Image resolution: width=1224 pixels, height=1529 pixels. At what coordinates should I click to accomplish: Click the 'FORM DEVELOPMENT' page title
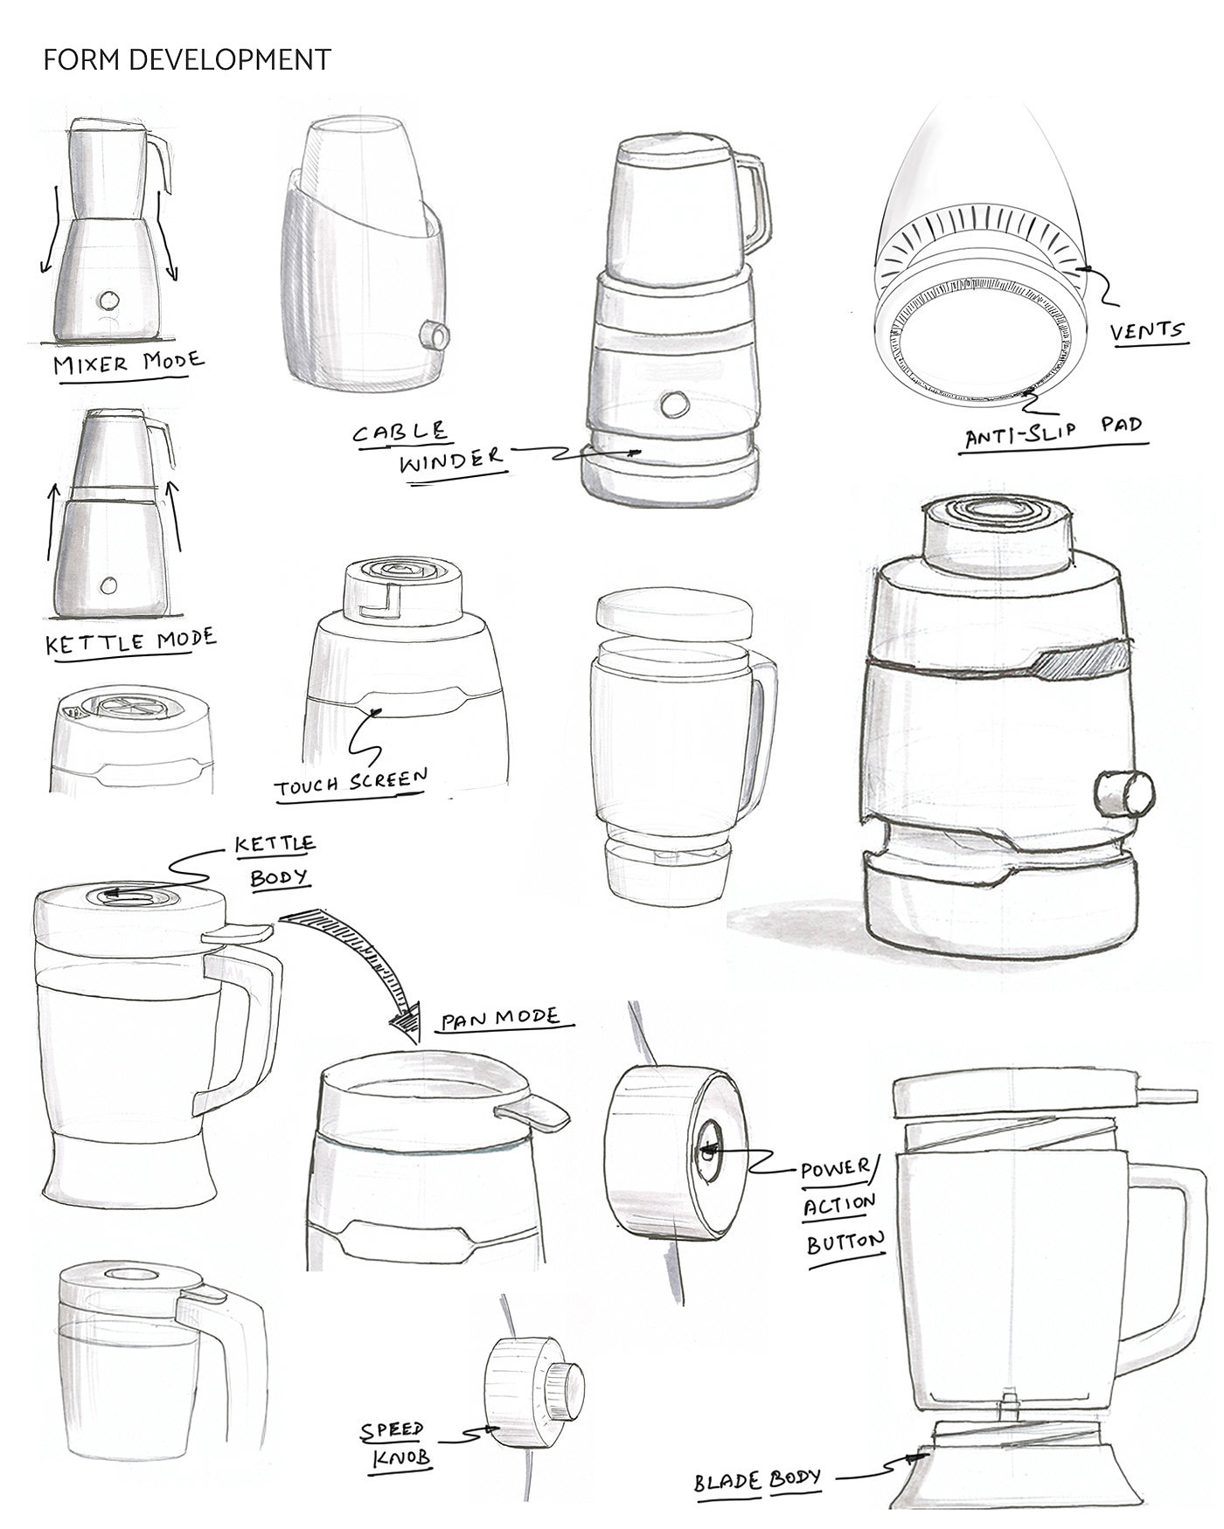[187, 59]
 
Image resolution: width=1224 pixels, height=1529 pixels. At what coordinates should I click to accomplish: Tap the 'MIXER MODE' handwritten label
[129, 361]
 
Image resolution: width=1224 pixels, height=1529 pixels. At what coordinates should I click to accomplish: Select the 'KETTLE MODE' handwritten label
[130, 640]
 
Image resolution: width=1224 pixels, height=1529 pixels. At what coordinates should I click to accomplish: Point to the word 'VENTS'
[1147, 331]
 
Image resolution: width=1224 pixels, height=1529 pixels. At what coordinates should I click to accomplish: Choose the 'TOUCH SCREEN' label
[351, 782]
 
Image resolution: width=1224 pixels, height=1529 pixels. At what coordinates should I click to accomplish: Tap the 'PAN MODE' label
[499, 1018]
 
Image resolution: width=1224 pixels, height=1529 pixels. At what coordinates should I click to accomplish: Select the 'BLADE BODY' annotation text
[758, 1479]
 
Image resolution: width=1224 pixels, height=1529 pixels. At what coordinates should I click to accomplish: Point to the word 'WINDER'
[451, 459]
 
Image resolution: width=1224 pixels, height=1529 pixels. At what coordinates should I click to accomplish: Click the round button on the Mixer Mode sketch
[110, 300]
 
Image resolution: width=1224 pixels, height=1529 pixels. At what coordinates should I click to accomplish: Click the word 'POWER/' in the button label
[837, 1169]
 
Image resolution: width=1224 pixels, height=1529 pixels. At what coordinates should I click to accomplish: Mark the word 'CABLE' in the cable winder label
[400, 432]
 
